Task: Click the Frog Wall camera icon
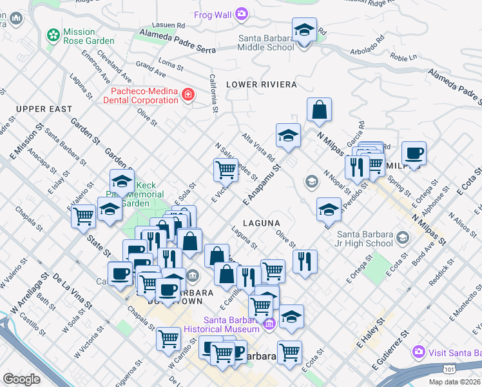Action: pos(242,13)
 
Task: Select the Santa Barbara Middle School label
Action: pos(265,42)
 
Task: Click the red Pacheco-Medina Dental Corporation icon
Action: pos(188,95)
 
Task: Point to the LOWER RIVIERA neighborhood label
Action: pos(261,84)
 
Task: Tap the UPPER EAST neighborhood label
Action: pos(44,109)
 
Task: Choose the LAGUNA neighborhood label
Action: pos(264,223)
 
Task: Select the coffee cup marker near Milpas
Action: pos(414,154)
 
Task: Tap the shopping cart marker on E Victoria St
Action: pos(226,170)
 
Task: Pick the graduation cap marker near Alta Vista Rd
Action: pos(288,135)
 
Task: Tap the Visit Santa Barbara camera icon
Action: pos(419,352)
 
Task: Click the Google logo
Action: pos(21,379)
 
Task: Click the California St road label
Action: pos(213,90)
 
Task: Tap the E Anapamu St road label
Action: pos(263,184)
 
